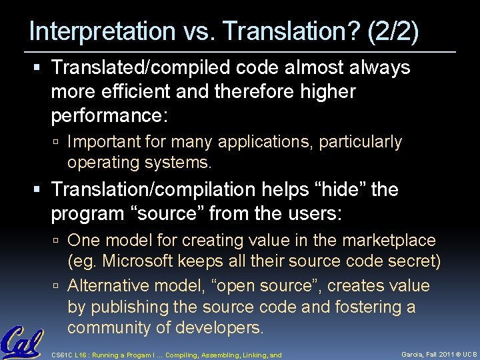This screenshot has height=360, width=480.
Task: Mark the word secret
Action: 413,261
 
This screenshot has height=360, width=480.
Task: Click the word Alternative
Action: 107,286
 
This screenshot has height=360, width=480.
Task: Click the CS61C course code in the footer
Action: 63,355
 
